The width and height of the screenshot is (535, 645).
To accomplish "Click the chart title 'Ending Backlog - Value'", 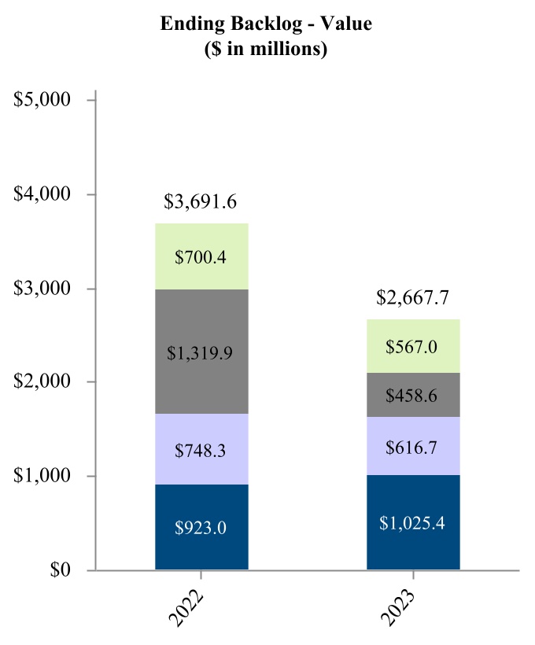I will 266,24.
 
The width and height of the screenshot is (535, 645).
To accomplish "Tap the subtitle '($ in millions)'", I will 266,48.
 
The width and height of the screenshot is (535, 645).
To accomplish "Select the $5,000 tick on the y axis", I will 43,101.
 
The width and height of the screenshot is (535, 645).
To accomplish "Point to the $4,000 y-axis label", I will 43,194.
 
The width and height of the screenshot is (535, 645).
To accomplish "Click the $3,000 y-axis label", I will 43,289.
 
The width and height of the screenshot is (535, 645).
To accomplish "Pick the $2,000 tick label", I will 43,382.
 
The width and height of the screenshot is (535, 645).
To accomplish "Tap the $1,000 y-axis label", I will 43,476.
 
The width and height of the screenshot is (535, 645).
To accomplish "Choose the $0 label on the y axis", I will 56,570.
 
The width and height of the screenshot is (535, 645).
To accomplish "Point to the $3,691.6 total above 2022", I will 201,202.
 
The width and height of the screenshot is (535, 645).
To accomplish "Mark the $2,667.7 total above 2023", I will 413,298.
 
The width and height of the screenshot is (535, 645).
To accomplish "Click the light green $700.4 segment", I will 201,256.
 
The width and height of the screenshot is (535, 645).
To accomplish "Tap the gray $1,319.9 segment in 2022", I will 201,352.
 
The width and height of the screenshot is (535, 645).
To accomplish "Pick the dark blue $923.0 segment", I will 201,527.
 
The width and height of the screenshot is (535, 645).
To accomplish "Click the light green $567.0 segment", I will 413,346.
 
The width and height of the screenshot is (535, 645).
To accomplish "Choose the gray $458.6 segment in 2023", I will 413,395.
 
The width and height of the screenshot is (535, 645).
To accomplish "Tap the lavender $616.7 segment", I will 413,446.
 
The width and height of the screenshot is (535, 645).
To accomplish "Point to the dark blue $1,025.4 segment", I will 413,522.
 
